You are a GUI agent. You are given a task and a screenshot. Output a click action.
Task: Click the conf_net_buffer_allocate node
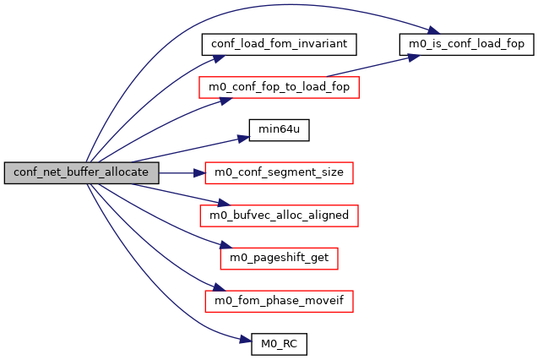point(81,172)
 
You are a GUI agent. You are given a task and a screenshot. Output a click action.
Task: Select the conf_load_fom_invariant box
point(280,42)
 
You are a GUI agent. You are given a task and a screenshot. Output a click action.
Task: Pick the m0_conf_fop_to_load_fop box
point(280,86)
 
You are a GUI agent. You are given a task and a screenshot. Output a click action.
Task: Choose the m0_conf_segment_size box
point(280,172)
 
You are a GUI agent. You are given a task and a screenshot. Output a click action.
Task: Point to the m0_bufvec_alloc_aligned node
point(280,215)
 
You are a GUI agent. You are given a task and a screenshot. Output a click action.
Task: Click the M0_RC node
point(280,345)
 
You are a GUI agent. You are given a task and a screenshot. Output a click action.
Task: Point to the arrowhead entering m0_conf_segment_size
point(201,172)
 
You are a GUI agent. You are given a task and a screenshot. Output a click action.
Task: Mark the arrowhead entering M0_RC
point(247,343)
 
